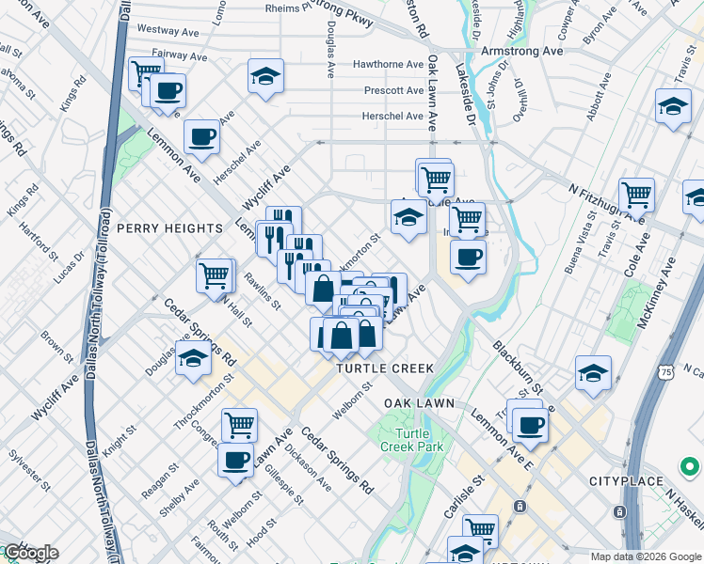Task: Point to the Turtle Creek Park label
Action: [x=411, y=440]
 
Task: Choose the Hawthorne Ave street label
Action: [x=388, y=65]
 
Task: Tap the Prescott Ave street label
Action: [x=394, y=90]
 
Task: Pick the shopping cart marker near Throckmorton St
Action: [x=239, y=425]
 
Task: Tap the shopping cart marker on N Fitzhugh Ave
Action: [x=637, y=195]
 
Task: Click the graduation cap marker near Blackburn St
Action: [x=593, y=372]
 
